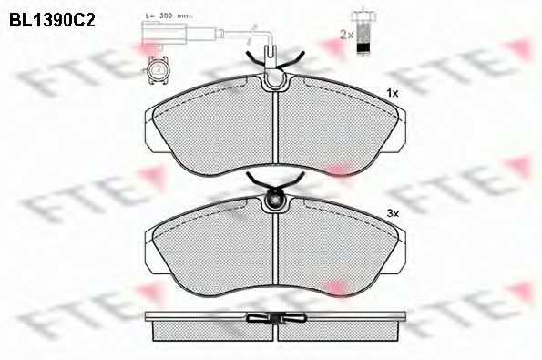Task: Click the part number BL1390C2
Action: pyautogui.click(x=52, y=20)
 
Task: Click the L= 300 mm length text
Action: pyautogui.click(x=169, y=15)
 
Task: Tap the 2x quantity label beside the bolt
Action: pyautogui.click(x=346, y=35)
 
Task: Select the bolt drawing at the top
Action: pyautogui.click(x=363, y=32)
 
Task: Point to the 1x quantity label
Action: pyautogui.click(x=393, y=93)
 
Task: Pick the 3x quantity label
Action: pyautogui.click(x=393, y=213)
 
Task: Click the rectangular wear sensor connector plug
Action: pyautogui.click(x=164, y=34)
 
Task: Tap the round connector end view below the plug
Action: pyautogui.click(x=158, y=70)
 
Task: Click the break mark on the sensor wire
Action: pyautogui.click(x=251, y=34)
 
